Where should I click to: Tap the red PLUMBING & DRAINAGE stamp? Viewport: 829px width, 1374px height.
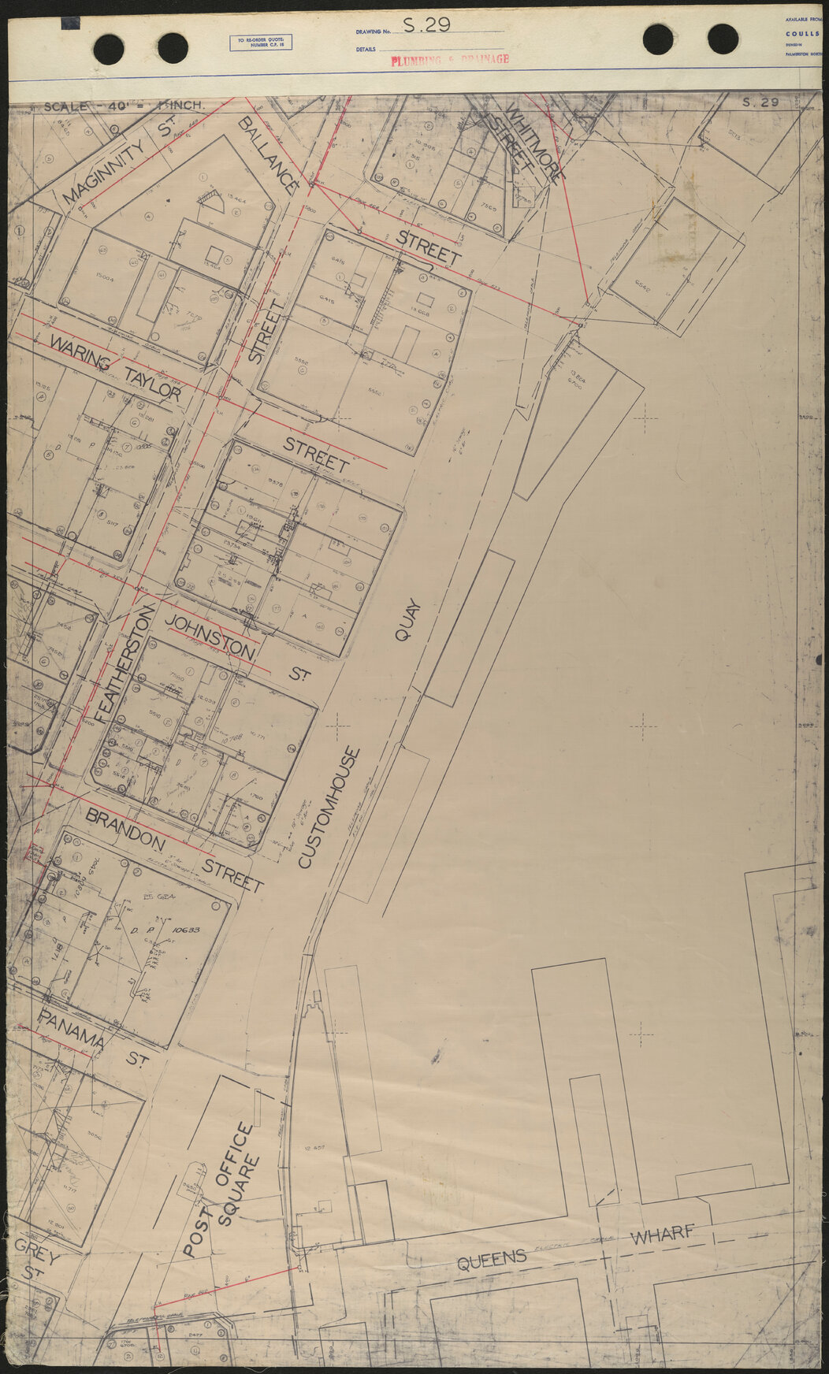450,59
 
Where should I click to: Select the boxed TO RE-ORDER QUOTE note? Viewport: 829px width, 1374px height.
260,43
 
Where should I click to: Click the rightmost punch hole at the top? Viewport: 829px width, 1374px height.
723,39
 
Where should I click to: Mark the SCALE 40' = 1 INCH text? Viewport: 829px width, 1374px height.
124,106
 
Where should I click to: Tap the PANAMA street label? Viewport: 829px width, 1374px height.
72,1029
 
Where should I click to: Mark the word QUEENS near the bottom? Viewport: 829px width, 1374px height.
492,1259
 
